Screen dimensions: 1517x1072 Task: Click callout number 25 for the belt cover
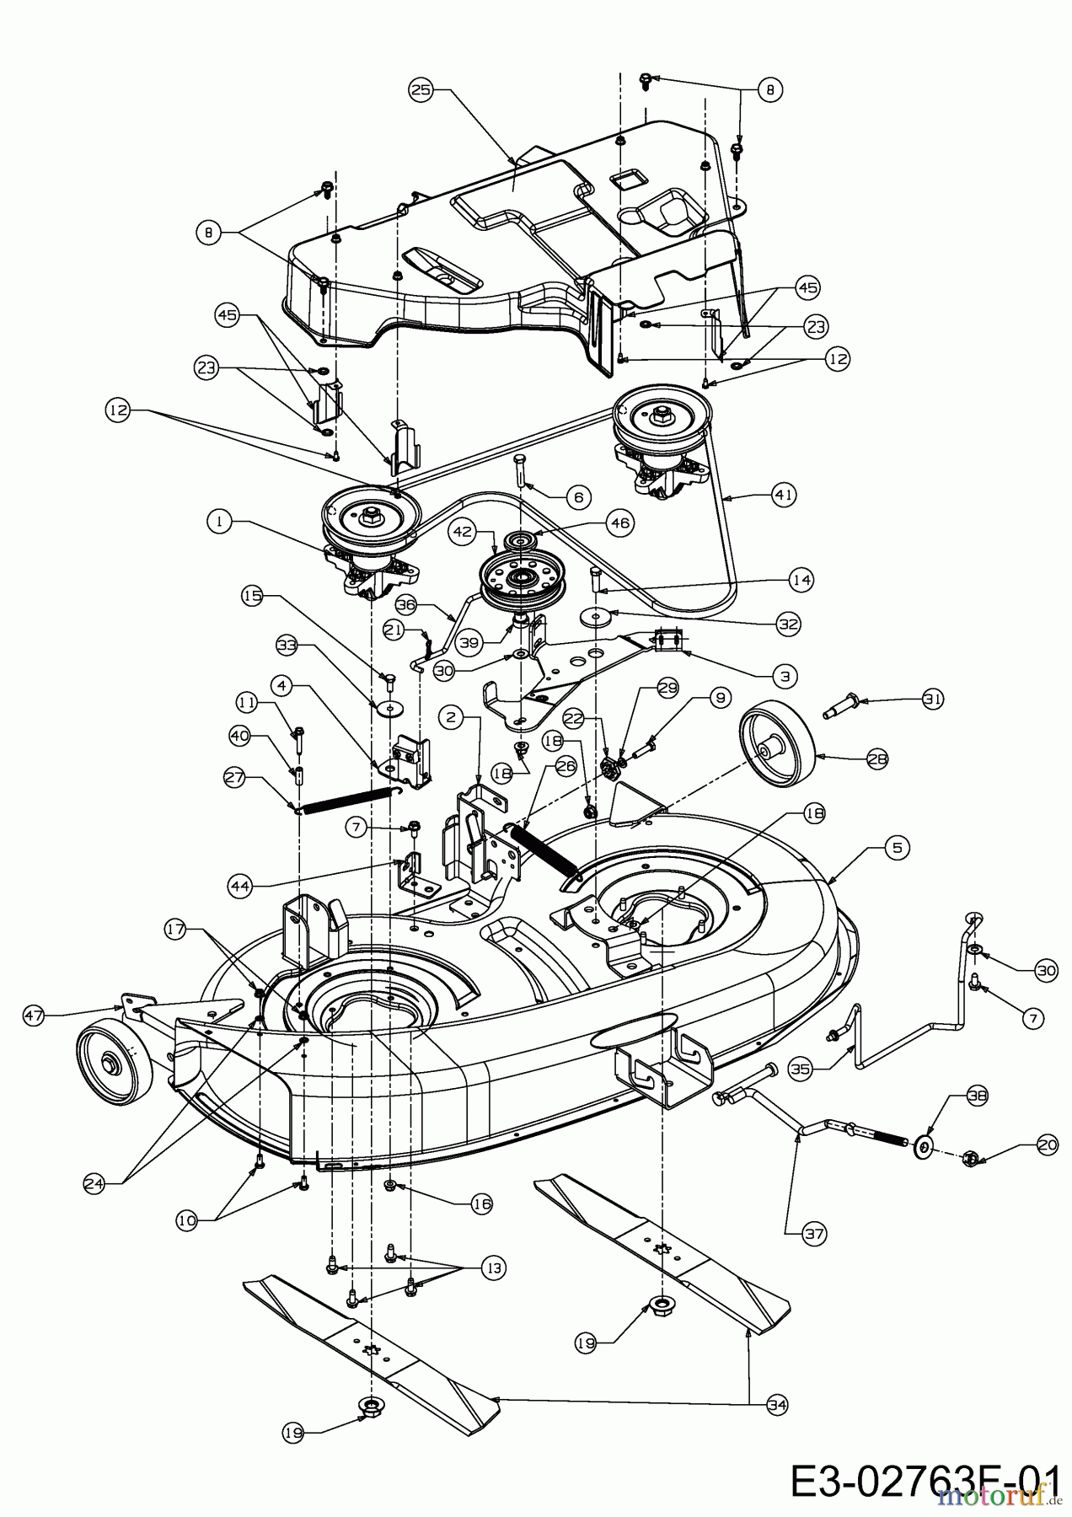pyautogui.click(x=421, y=88)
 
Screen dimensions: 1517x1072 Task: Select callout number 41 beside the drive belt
pyautogui.click(x=784, y=496)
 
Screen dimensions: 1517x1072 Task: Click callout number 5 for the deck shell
pyautogui.click(x=896, y=848)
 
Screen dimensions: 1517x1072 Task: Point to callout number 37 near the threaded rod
pyautogui.click(x=814, y=1234)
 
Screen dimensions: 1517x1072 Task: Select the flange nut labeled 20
pyautogui.click(x=969, y=1160)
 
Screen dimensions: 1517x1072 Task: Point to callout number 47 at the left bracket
pyautogui.click(x=35, y=1016)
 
